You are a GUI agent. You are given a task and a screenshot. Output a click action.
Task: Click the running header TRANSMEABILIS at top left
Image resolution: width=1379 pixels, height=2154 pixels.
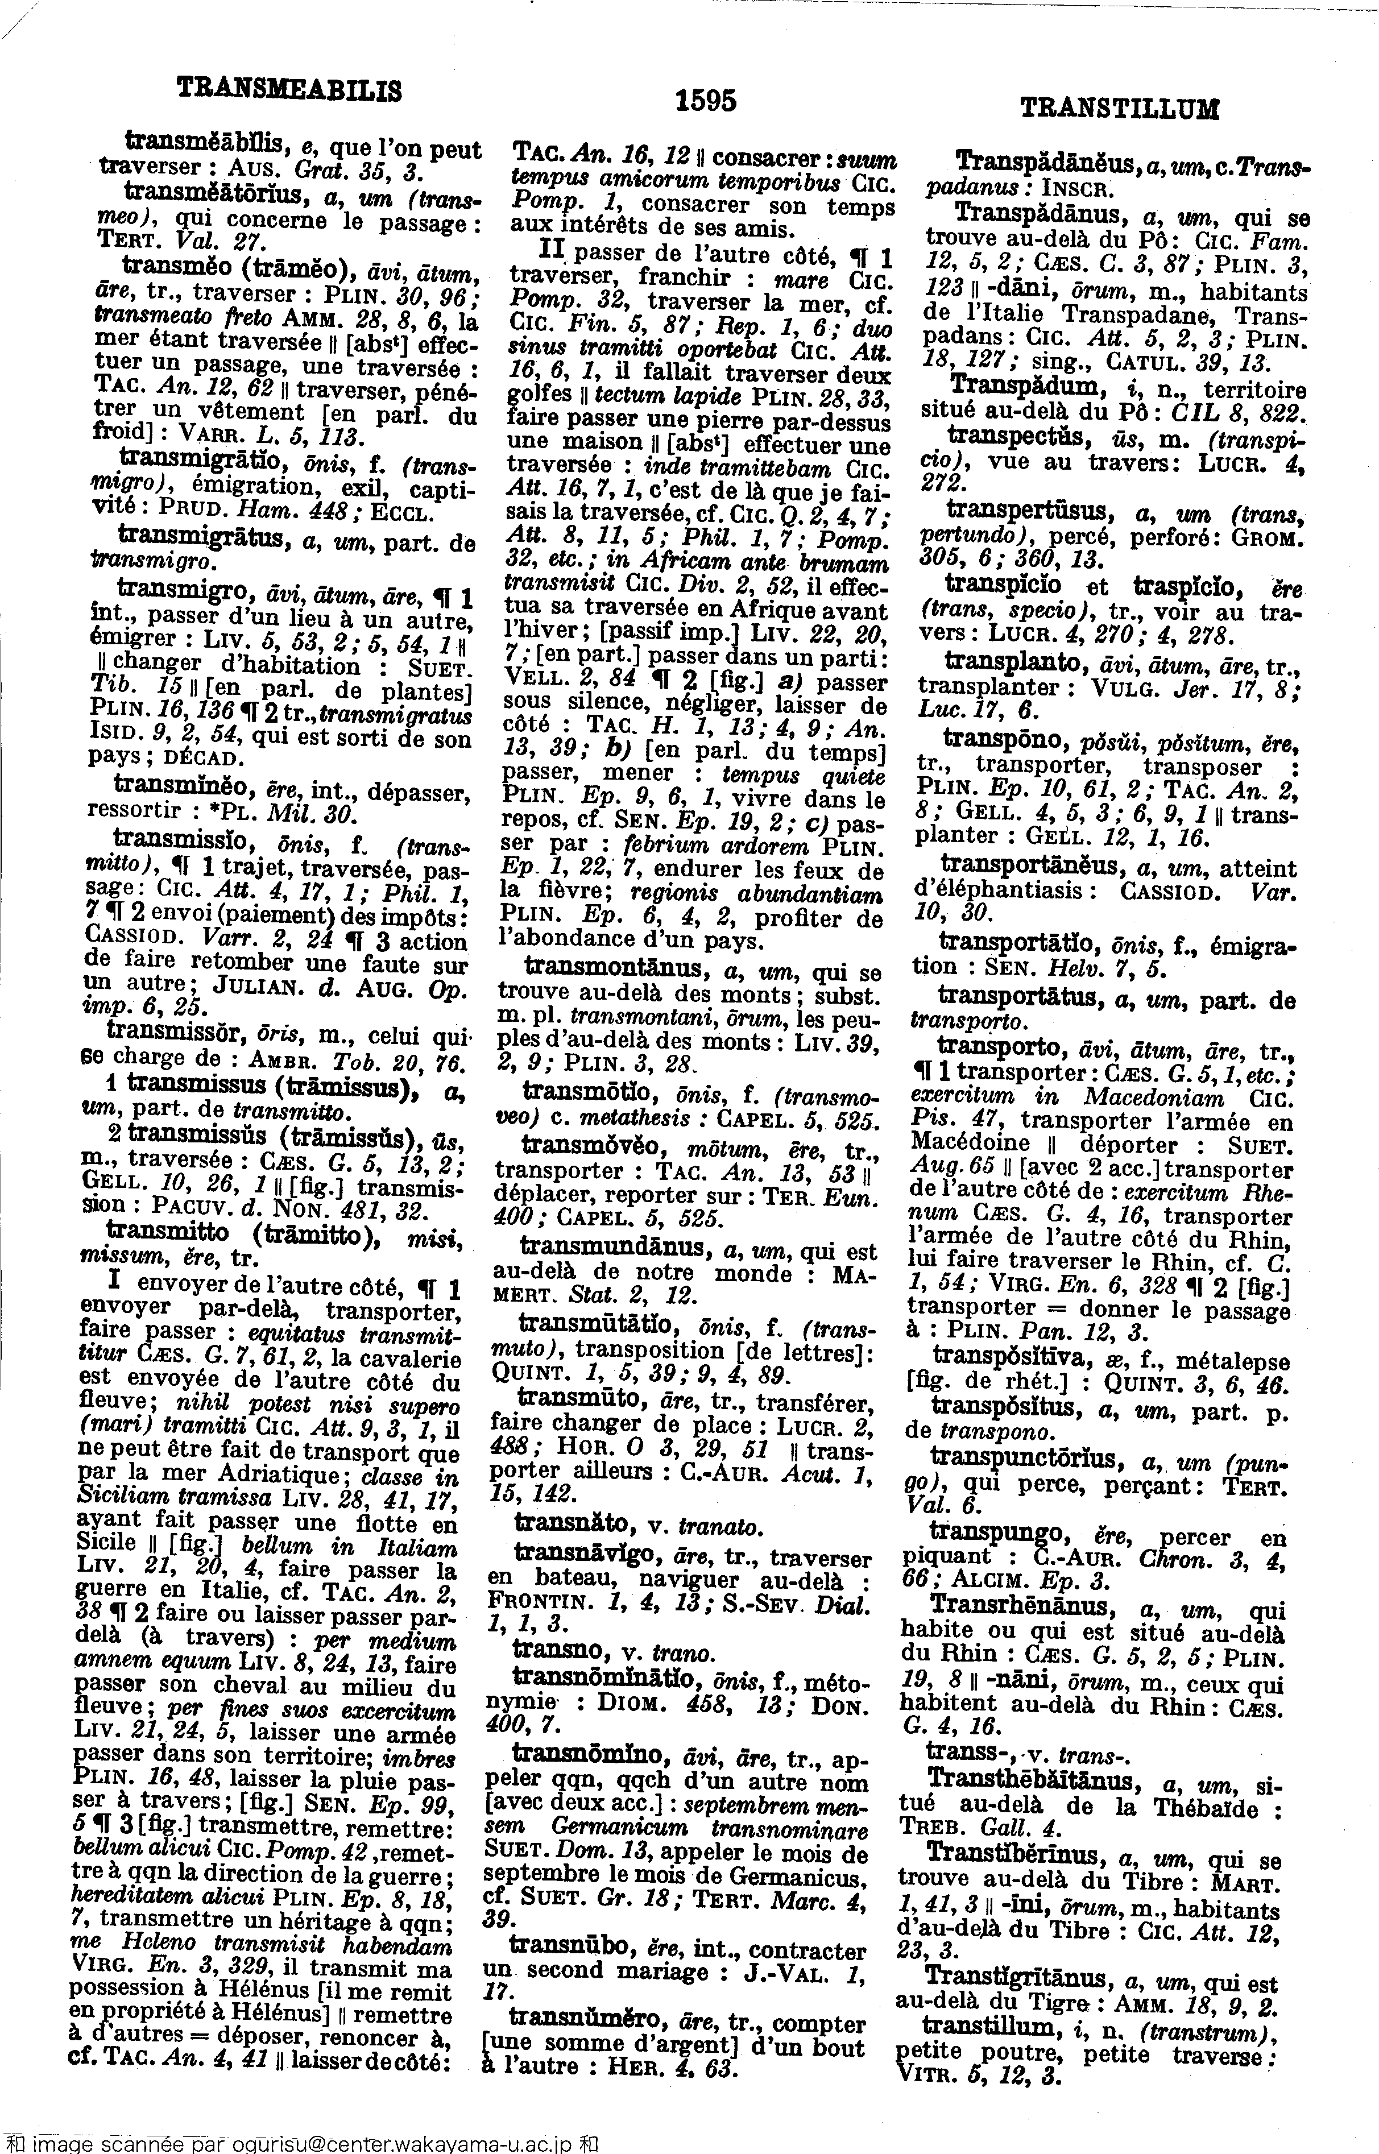[x=289, y=89]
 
